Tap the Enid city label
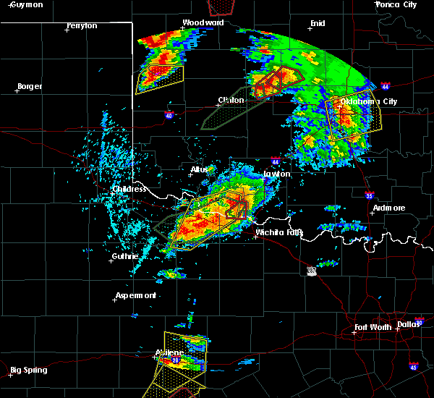point(318,23)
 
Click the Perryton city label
point(82,25)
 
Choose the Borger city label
point(29,86)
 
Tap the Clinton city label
point(231,100)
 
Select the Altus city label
point(199,169)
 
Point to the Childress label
point(129,189)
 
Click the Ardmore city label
point(388,208)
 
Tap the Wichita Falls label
point(279,232)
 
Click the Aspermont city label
point(136,295)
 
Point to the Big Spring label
point(30,370)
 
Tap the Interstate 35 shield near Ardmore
point(368,195)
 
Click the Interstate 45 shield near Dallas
point(414,366)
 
